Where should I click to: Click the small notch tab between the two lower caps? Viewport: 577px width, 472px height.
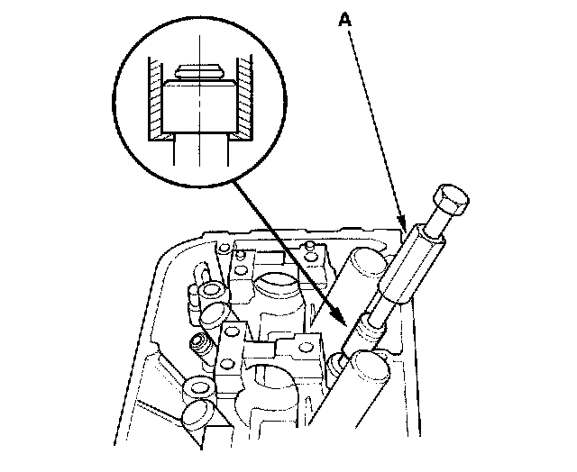pyautogui.click(x=266, y=347)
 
